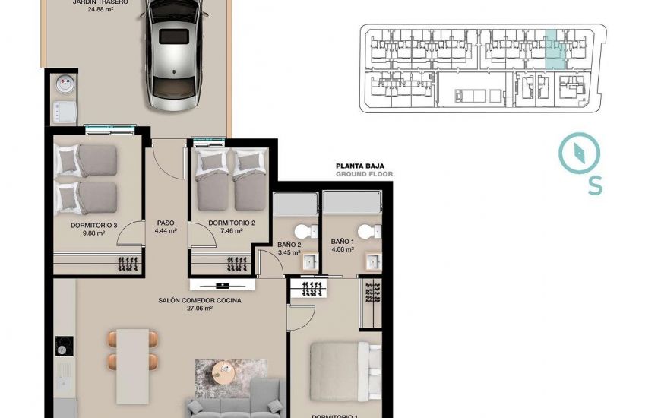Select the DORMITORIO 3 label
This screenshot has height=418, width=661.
click(x=94, y=225)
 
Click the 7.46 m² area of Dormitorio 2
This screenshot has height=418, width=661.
click(x=226, y=233)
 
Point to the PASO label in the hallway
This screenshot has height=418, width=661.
click(x=166, y=223)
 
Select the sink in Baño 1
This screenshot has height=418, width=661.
click(x=373, y=261)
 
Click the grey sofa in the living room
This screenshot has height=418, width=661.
click(x=236, y=403)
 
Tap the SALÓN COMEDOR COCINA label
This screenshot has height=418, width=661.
click(x=200, y=301)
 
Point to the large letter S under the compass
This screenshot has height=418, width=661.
click(x=595, y=185)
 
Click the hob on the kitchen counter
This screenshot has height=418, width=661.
click(x=64, y=346)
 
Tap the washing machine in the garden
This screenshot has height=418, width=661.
click(x=63, y=86)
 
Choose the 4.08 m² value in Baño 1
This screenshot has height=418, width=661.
click(x=343, y=249)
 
